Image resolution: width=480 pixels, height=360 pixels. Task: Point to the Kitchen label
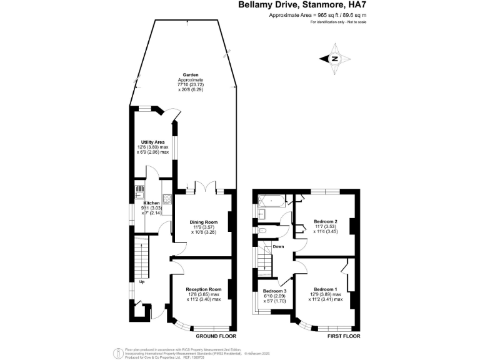152,203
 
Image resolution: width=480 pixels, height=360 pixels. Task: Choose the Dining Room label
203,222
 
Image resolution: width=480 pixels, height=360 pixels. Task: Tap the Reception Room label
203,289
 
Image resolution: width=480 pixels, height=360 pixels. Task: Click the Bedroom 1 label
326,289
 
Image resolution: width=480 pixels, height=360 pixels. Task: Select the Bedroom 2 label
326,222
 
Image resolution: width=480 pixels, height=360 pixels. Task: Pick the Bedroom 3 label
274,291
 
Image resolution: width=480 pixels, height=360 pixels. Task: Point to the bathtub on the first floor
271,201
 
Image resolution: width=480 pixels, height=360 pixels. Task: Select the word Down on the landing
279,246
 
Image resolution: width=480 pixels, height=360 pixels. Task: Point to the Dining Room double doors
204,187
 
